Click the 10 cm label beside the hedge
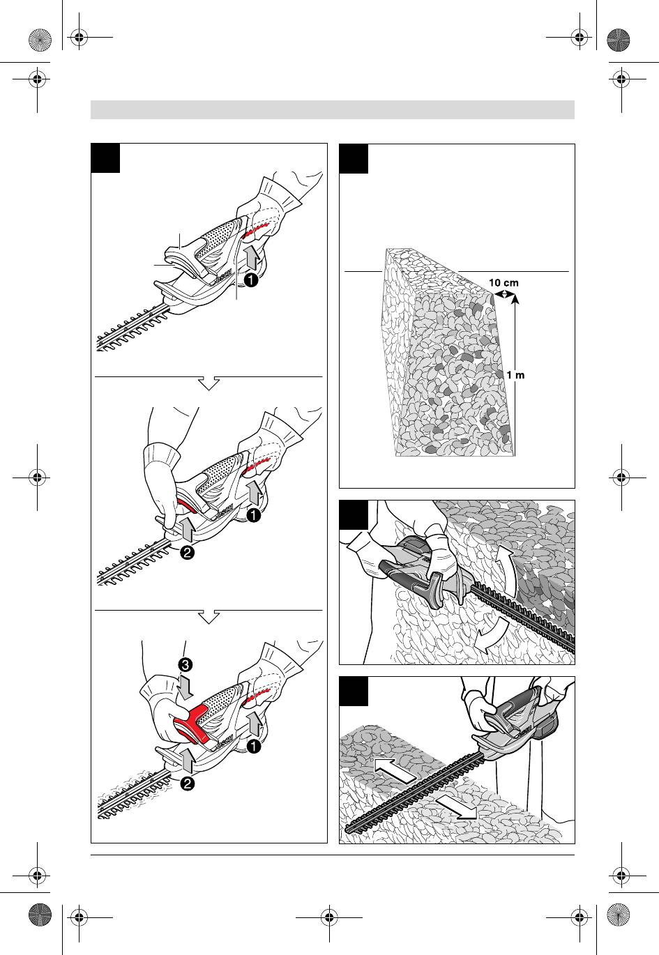click(x=503, y=282)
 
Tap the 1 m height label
click(x=515, y=375)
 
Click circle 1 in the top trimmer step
click(x=249, y=280)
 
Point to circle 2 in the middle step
click(x=187, y=554)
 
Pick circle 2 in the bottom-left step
click(x=187, y=783)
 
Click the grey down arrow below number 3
click(x=185, y=687)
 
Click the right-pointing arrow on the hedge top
click(x=457, y=809)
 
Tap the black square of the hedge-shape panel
click(x=353, y=158)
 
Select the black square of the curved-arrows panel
click(x=353, y=514)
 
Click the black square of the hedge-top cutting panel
click(x=353, y=690)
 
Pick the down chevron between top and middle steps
click(x=209, y=383)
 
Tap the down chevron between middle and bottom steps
click(x=209, y=617)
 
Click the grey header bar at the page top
click(x=333, y=110)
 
